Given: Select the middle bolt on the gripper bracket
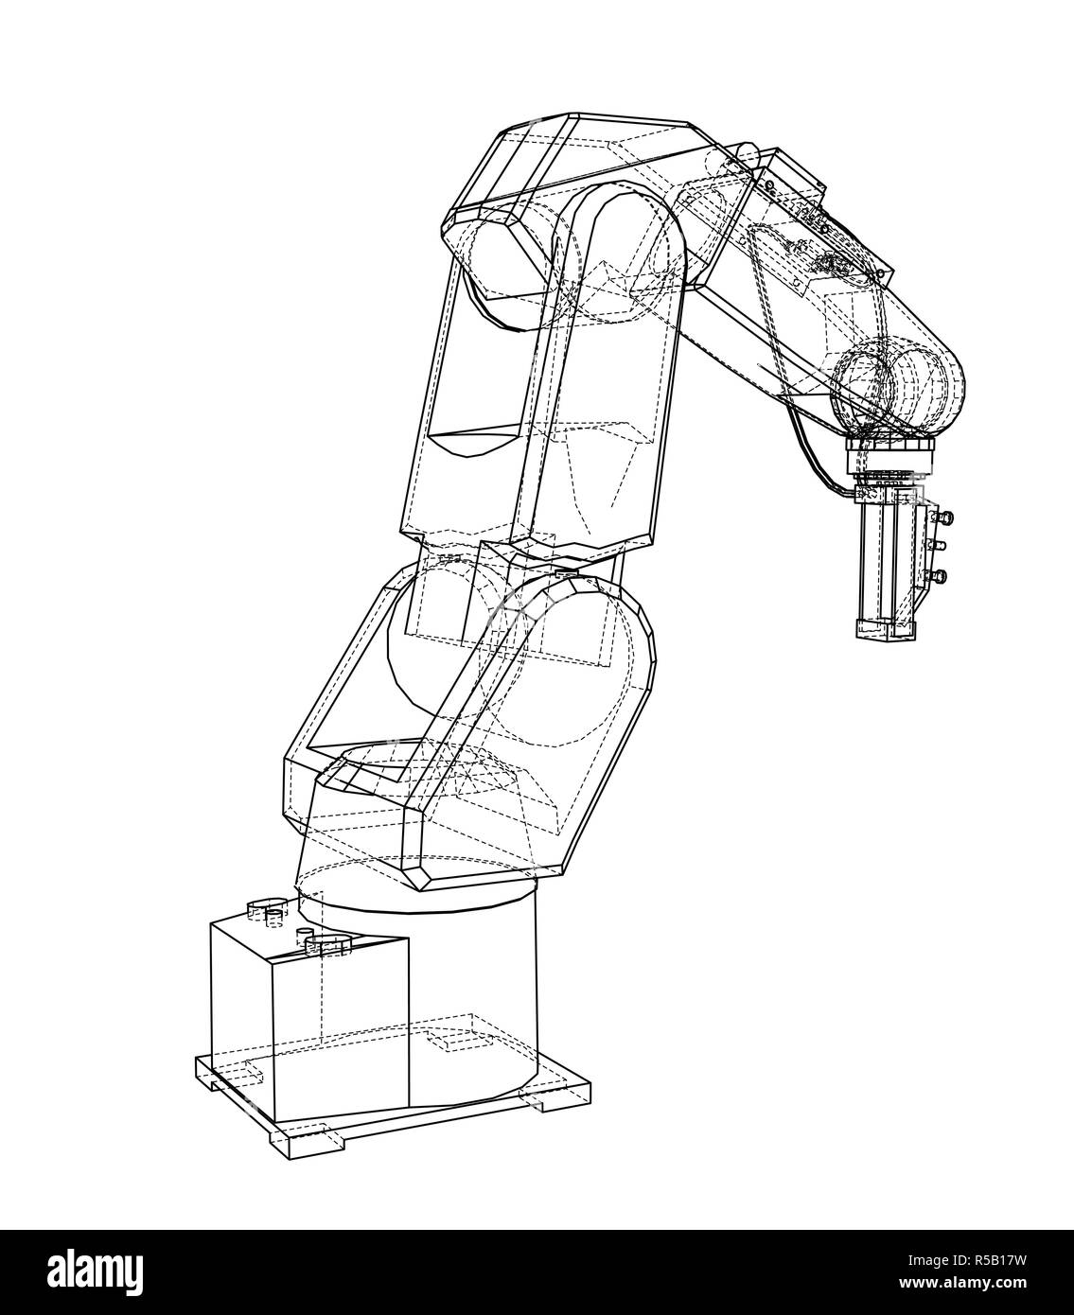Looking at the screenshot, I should (x=942, y=545).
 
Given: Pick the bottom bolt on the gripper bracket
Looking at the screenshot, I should (x=941, y=574).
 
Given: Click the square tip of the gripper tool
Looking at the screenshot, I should (x=884, y=627).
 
